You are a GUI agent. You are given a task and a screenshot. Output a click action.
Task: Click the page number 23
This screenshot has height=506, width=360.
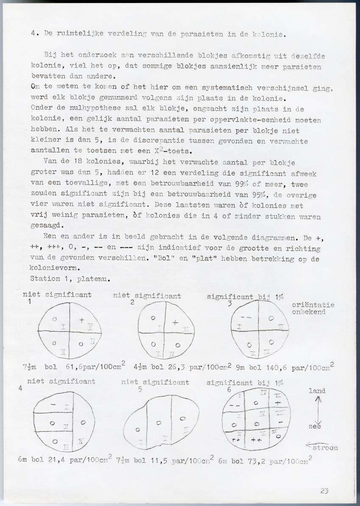(x=324, y=491)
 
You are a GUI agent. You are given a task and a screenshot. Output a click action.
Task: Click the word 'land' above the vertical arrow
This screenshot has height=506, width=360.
(x=317, y=391)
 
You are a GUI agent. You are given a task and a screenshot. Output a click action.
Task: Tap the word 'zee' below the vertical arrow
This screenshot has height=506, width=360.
(x=315, y=427)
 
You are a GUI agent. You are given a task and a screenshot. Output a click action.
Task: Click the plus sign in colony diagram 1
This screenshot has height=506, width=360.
(x=81, y=320)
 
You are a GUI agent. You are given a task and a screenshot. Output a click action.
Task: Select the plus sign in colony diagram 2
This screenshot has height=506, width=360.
(x=175, y=323)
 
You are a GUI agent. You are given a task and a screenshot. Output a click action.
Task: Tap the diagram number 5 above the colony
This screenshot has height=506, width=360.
(x=140, y=390)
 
